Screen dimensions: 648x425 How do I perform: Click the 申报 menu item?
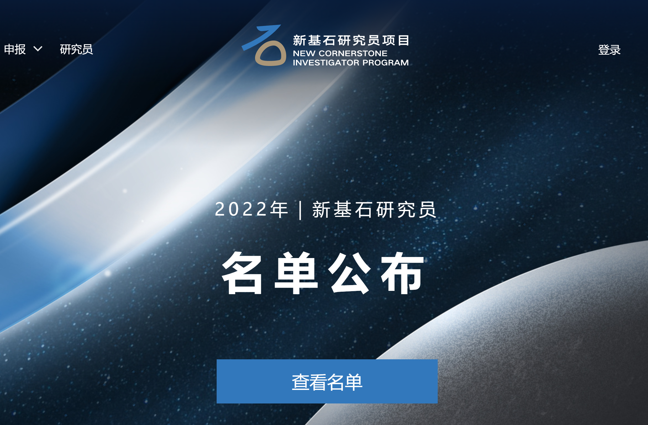[x=15, y=49]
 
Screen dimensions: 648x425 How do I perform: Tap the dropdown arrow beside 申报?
[x=38, y=49]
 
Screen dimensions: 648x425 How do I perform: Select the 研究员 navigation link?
[x=77, y=49]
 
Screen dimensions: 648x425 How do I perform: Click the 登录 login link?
[x=609, y=50]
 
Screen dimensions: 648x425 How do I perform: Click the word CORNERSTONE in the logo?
[x=353, y=53]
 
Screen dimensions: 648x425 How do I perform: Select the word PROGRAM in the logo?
[x=385, y=63]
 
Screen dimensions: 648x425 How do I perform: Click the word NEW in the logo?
[x=304, y=53]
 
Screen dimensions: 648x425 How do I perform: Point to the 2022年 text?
[x=251, y=209]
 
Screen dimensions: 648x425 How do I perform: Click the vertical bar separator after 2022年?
[x=300, y=210]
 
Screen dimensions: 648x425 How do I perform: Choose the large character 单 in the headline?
[x=296, y=273]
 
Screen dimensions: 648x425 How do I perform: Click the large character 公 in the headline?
[x=350, y=273]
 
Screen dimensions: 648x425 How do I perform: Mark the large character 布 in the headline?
[x=402, y=273]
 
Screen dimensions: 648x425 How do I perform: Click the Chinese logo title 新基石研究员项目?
[x=351, y=40]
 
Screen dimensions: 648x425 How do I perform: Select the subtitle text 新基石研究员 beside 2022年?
[x=374, y=209]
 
